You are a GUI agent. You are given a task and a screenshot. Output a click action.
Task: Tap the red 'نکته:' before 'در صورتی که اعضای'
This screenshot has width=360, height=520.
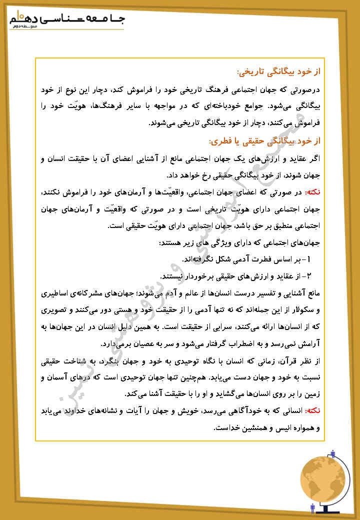tap(311, 192)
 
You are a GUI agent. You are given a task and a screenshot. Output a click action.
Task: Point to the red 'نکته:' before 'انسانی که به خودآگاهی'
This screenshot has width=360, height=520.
tap(311, 410)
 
